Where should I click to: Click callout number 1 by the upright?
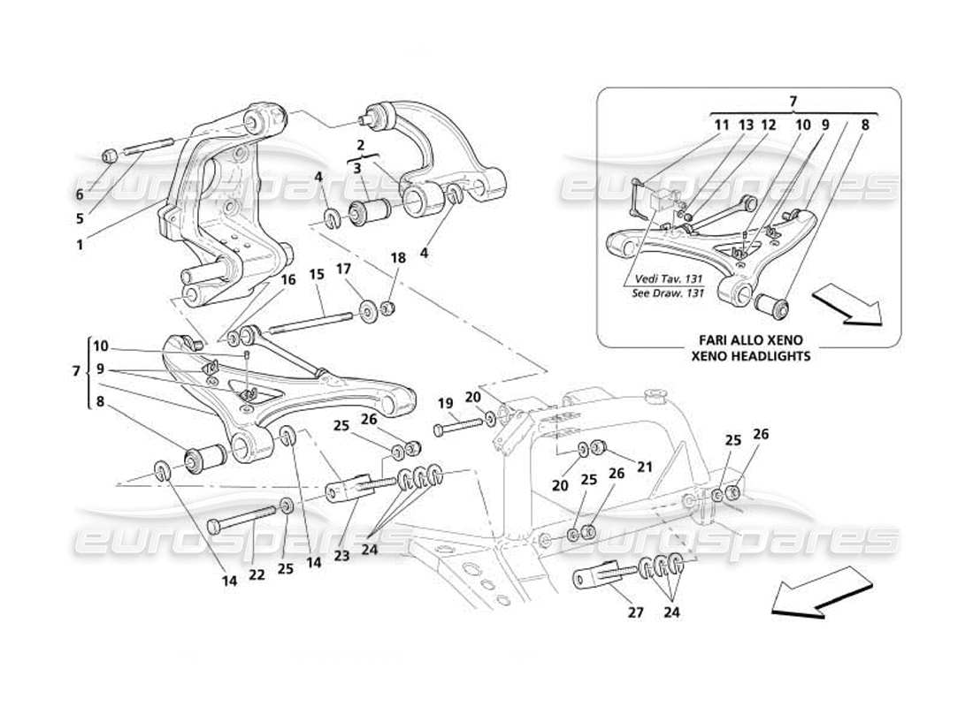pyautogui.click(x=80, y=221)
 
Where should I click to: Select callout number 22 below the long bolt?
pyautogui.click(x=257, y=574)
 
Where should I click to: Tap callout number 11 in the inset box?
pyautogui.click(x=723, y=125)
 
